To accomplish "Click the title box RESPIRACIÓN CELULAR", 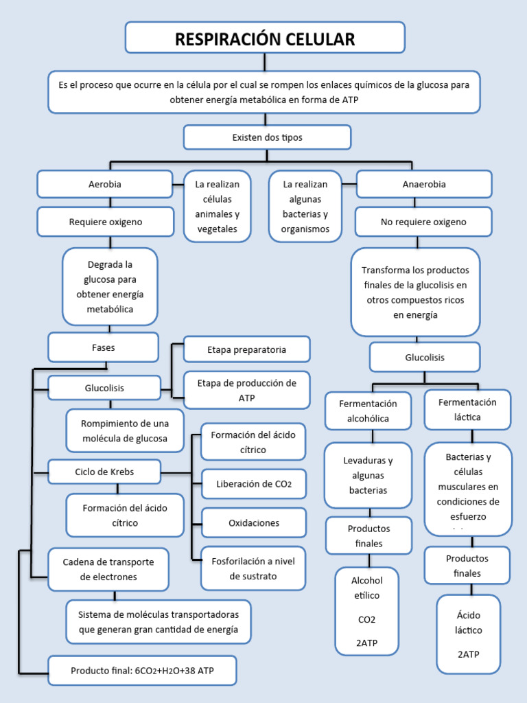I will pos(265,38).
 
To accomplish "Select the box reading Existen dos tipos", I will pos(267,137).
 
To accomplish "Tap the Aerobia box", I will pos(105,184).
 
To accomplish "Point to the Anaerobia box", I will pos(424,184).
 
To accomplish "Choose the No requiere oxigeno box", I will pos(423,222).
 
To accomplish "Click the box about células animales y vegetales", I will pos(217,207).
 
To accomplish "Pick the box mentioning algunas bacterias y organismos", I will pos(305,207).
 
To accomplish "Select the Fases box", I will pos(103,347).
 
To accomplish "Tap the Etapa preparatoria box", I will pos(247,349).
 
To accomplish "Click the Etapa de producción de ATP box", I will pos(247,390).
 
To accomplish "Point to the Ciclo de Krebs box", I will pos(104,472).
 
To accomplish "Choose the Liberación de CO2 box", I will pos(254,483).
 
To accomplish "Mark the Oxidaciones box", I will pos(254,523).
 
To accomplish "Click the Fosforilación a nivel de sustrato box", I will pos(254,568).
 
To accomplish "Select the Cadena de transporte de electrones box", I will pos(108,569).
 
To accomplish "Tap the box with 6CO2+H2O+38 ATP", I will pos(143,670).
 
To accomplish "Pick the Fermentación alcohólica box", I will pos(368,411).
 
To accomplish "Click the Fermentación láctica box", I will pos(467,409).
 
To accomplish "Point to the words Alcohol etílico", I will pos(367,588).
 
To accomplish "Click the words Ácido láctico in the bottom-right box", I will pos(469,623).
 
